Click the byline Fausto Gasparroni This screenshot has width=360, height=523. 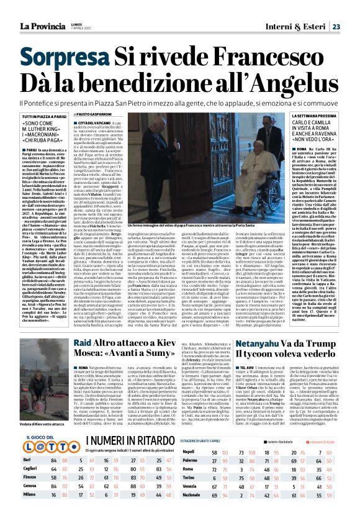point(114,116)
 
